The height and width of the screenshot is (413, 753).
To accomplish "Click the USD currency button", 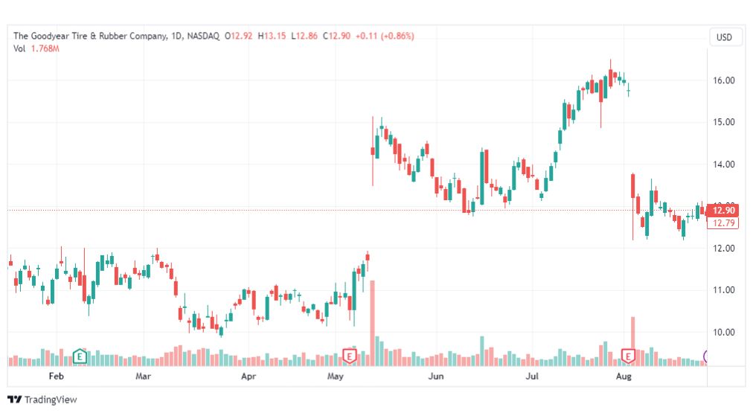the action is coord(724,37).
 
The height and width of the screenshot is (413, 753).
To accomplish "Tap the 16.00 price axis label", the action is coord(724,80).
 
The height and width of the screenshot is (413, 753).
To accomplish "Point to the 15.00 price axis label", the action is coord(724,122).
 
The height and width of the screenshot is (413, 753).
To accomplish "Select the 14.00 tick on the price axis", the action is coord(724,164).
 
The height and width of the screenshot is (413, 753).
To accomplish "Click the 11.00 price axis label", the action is coord(724,290).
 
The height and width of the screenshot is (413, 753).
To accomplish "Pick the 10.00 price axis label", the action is coord(724,333).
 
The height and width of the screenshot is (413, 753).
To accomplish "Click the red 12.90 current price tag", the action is coord(722,211).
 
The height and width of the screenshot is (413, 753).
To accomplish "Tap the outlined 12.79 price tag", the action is coord(722,223).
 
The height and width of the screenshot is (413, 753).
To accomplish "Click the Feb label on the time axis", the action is coord(57,376).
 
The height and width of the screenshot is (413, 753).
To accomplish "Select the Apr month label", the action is coord(249,376).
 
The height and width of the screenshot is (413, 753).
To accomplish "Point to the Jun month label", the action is coord(435,376).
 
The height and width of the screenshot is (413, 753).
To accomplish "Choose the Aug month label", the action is coord(624,376).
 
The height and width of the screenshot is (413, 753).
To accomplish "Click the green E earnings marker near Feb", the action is coord(80,356).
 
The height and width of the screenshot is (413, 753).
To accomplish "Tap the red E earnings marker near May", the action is coord(350,356).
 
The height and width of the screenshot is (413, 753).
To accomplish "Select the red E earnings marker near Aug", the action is coord(628,356).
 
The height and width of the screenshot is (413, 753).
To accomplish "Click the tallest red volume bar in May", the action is coord(372,323).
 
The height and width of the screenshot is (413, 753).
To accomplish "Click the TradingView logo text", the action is coord(51,400).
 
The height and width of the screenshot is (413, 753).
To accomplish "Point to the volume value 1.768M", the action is coord(45,48).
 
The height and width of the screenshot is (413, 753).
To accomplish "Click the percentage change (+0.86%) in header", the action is coord(397,36).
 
